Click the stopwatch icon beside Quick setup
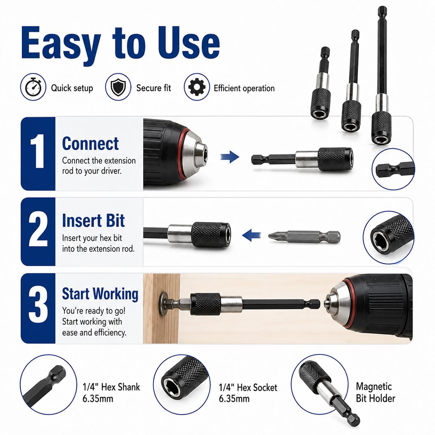click(33, 87)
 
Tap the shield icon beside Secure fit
click(118, 87)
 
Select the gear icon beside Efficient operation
click(197, 87)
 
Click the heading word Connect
click(90, 144)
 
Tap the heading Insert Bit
click(93, 220)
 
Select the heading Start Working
click(100, 294)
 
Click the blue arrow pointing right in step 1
click(229, 157)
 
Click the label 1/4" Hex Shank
click(111, 387)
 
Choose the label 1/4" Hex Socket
click(248, 388)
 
